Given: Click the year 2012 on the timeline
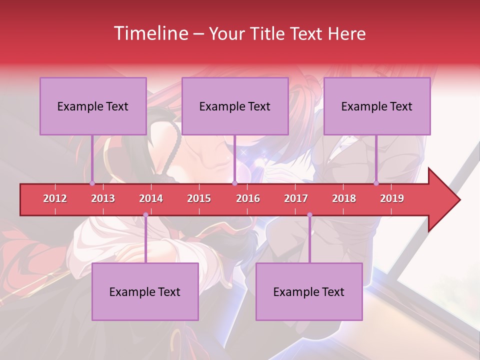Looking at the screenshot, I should [55, 198].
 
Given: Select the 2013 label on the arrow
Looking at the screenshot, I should [103, 198].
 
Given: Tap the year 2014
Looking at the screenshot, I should [151, 198].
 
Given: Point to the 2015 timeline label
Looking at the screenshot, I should [199, 198].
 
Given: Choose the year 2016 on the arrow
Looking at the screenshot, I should [248, 198].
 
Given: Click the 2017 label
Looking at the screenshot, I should [296, 198].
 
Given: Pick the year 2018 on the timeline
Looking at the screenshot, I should [344, 198].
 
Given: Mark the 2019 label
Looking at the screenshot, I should [392, 198].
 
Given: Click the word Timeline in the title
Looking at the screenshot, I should [150, 33].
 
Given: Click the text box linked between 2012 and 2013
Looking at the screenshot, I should [93, 106].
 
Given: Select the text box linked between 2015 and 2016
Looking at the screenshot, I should [235, 106].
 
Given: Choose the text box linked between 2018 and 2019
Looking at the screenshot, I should [377, 106].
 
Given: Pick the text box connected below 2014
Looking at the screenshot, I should [145, 291].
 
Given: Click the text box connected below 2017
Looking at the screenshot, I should [309, 291].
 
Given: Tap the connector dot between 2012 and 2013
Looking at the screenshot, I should [92, 183].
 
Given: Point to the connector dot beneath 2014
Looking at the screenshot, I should [145, 215].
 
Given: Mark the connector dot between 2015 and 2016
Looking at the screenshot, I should [234, 183].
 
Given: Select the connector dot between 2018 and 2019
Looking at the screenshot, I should [376, 183].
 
